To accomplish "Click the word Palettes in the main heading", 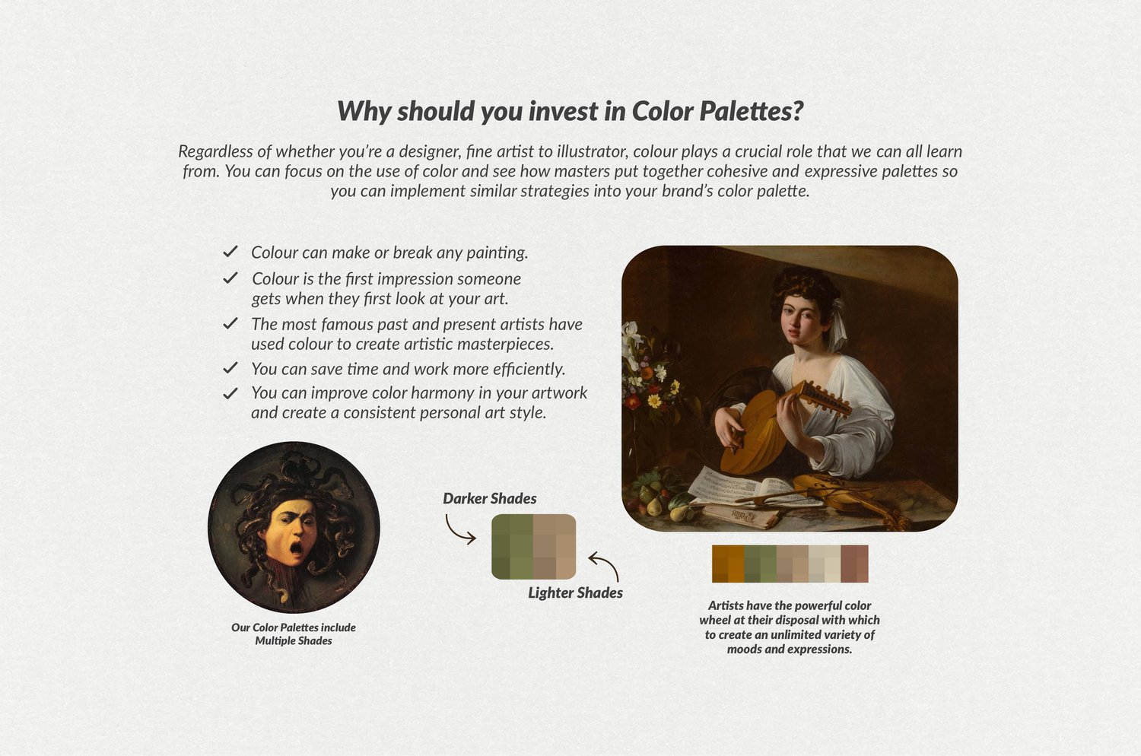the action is pos(752,110).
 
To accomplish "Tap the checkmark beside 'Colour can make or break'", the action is pos(230,251).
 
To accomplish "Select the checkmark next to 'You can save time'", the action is pos(230,367).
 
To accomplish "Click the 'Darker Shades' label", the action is pos(490,498).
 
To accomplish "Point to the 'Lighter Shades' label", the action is pos(575,592).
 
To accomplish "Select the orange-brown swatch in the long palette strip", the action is pos(728,564).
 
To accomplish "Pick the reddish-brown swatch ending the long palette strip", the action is pos(854,564).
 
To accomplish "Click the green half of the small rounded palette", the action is pos(512,547).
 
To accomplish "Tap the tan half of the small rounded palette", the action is pos(555,547).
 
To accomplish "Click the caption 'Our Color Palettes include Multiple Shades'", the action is pos(294,634).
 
